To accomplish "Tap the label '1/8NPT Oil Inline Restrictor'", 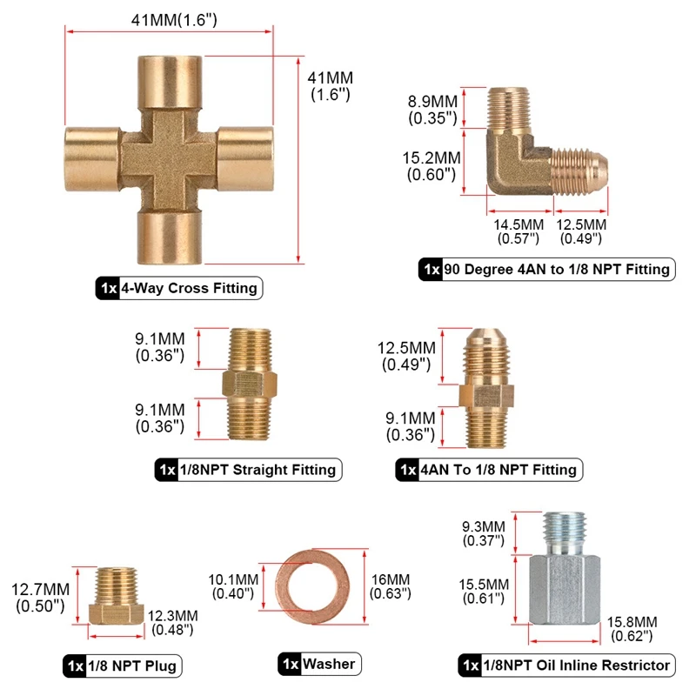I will [568, 666].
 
